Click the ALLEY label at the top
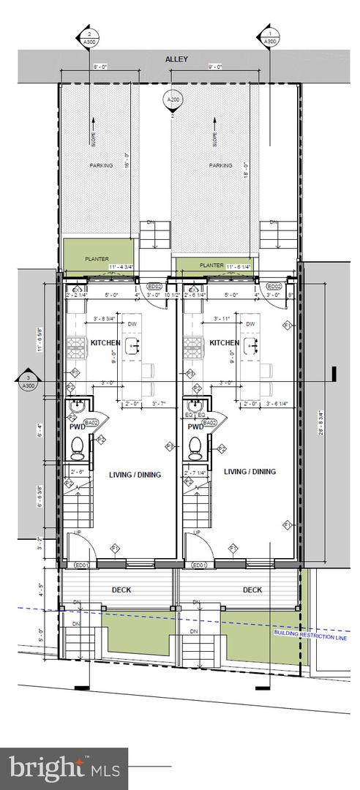point(177,59)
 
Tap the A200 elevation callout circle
point(173,100)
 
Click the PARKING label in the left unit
point(101,165)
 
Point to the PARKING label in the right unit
point(220,165)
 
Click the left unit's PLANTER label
point(97,258)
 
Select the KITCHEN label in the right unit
point(224,342)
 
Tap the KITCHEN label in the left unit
point(105,342)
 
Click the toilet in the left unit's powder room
point(77,446)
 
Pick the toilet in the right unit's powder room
point(195,446)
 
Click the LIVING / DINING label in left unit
point(135,475)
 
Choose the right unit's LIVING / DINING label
point(250,472)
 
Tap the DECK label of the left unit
point(121,590)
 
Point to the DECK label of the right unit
point(252,590)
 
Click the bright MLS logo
point(64,768)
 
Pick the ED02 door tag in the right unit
point(274,287)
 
